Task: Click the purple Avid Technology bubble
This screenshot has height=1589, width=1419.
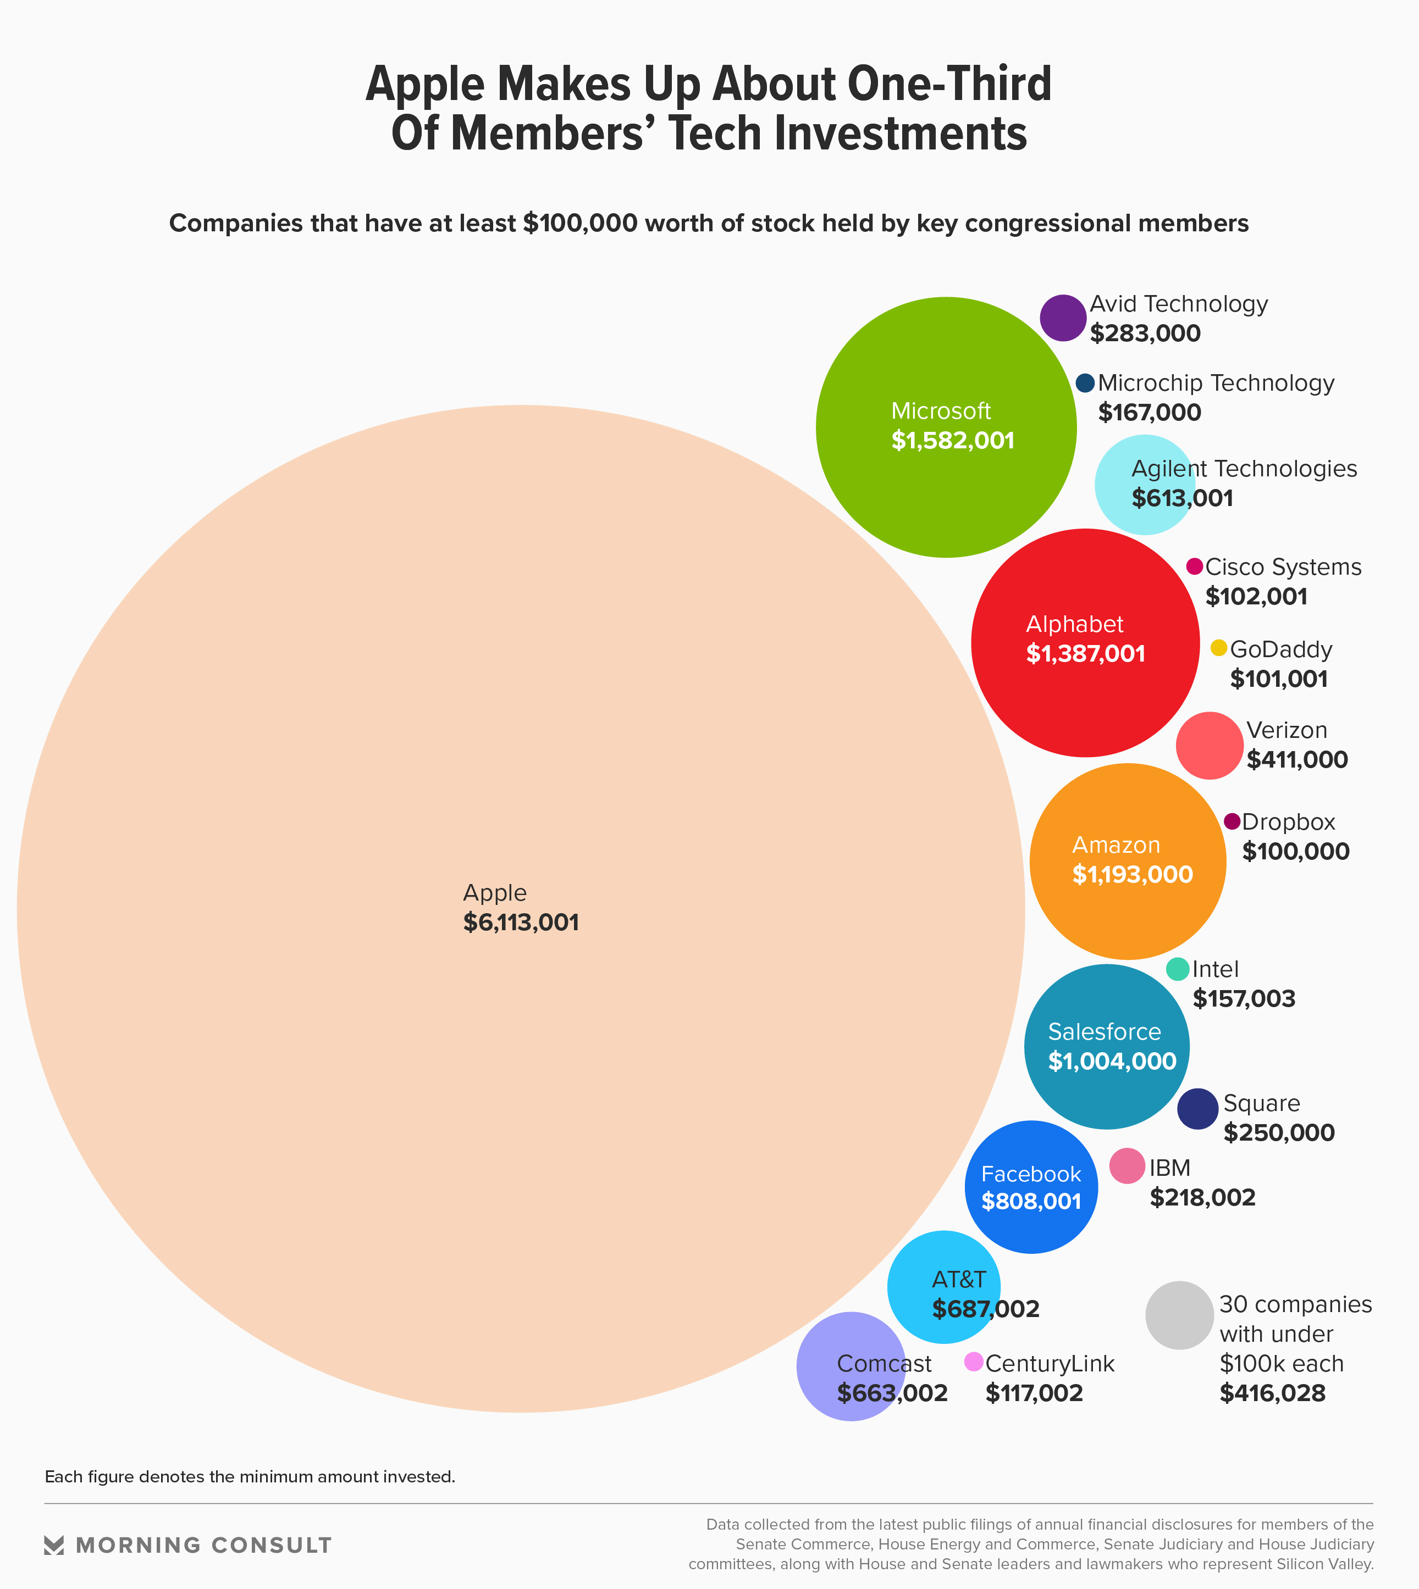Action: pos(1063,318)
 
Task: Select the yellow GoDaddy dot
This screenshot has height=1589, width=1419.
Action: pos(1219,648)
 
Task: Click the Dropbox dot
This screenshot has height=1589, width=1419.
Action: pos(1232,821)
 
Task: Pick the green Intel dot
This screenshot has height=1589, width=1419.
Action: pos(1177,969)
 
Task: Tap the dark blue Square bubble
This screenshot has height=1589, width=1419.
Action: pos(1197,1109)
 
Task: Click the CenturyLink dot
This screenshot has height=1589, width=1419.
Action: pos(974,1362)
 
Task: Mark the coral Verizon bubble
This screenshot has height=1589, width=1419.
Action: pos(1210,746)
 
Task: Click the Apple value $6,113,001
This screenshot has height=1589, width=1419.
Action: pos(521,923)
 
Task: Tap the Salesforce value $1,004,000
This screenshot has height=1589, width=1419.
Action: pos(1112,1062)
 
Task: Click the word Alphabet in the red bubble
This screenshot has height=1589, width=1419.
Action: pos(1074,624)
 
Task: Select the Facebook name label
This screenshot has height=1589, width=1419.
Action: pos(1031,1174)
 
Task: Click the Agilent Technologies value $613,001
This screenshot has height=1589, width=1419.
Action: pos(1182,498)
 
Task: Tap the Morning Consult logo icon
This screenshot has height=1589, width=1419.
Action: pos(54,1546)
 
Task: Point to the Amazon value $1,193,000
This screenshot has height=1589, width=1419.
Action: pos(1132,874)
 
